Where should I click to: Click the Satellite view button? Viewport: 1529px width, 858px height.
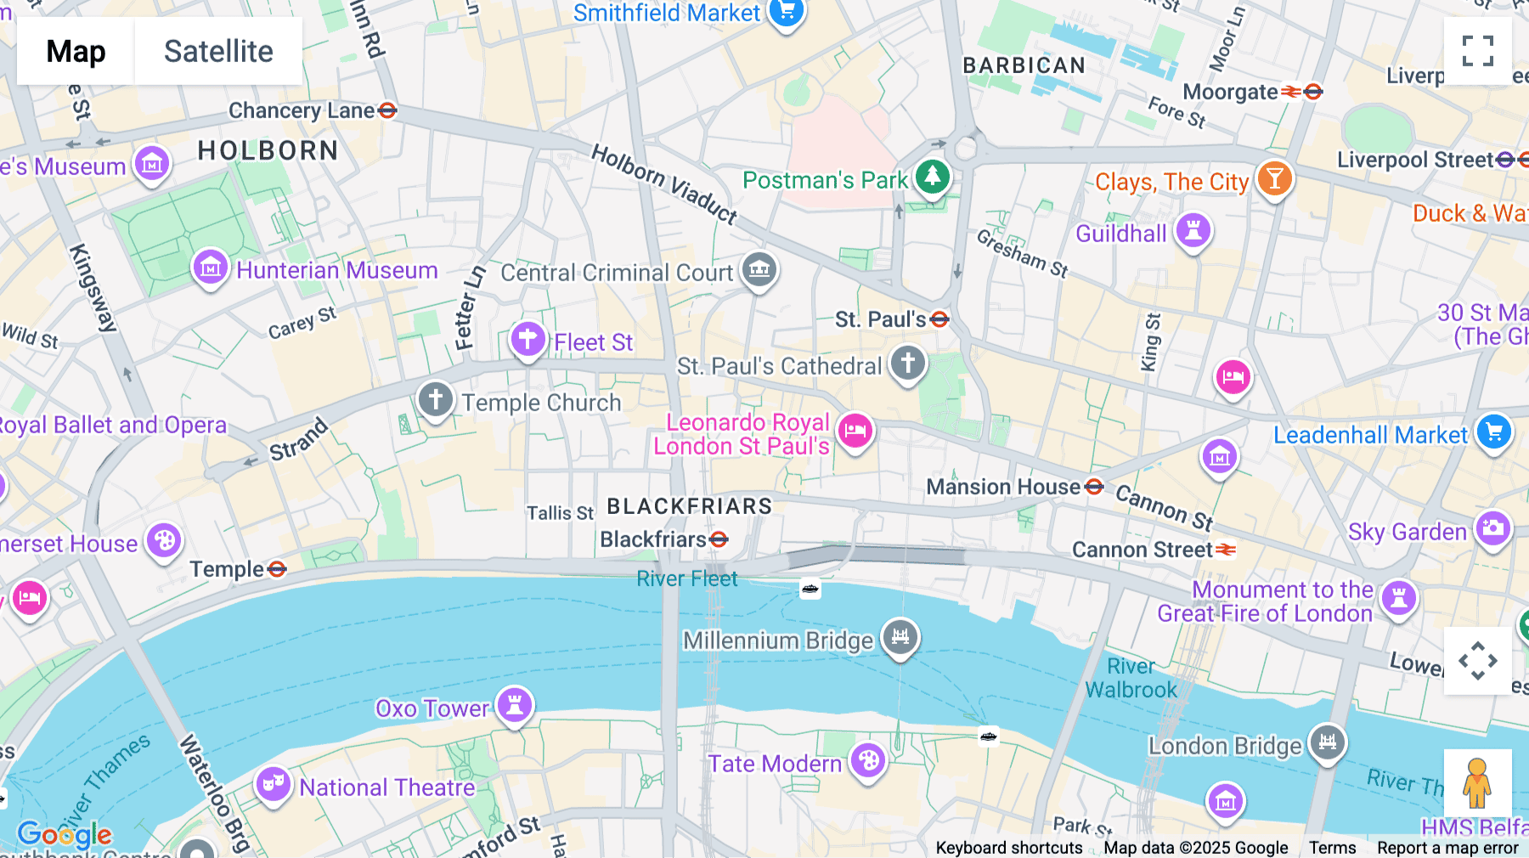click(218, 51)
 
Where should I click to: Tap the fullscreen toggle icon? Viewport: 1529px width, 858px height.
click(1477, 51)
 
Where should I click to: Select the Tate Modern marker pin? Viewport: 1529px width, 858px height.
click(868, 761)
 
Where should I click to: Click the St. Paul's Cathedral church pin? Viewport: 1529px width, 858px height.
click(907, 364)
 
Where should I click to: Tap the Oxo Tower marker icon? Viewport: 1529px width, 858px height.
click(514, 705)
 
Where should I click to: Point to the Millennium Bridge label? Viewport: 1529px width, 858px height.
click(777, 641)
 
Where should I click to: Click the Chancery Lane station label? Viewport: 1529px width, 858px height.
click(302, 110)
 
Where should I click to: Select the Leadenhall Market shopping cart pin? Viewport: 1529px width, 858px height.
click(1494, 432)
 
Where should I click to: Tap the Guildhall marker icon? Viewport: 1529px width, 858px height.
click(1193, 231)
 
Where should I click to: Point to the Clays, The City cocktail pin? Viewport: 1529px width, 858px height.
click(1274, 178)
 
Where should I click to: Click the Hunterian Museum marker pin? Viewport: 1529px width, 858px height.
click(210, 268)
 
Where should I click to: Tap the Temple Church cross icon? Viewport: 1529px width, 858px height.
click(436, 399)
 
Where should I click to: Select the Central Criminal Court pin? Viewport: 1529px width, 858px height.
click(759, 270)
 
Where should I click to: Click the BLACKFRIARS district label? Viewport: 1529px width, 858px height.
click(689, 506)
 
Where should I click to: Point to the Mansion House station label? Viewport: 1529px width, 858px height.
click(1003, 487)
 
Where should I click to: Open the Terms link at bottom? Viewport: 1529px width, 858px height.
click(1332, 847)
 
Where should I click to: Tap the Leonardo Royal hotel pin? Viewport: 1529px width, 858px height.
click(855, 431)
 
